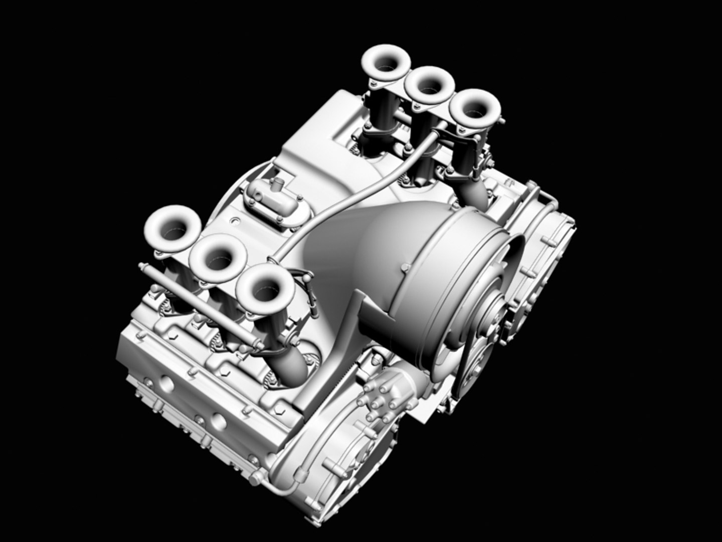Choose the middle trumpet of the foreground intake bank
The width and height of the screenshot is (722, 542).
(x=218, y=257)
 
